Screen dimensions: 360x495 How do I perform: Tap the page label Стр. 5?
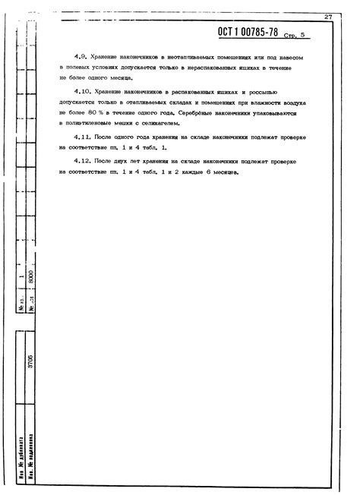click(293, 36)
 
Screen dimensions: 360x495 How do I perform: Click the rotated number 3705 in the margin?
click(31, 359)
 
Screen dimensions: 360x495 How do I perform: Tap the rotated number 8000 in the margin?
click(31, 279)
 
